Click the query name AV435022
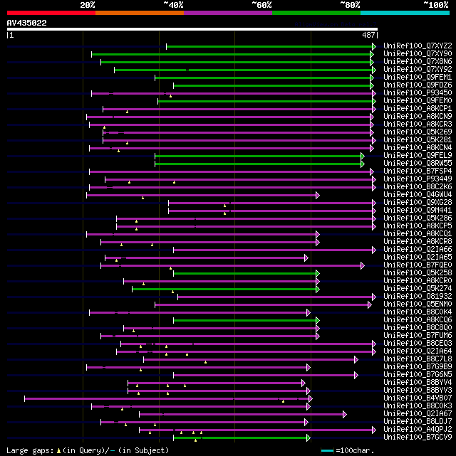tap(27, 23)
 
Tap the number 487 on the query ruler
tap(368, 35)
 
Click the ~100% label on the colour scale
tap(435, 5)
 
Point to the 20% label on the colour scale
tap(88, 5)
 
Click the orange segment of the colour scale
tap(139, 13)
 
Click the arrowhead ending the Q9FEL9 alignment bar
tap(363, 156)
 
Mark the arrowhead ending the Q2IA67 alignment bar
tap(345, 414)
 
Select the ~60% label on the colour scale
tap(261, 5)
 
